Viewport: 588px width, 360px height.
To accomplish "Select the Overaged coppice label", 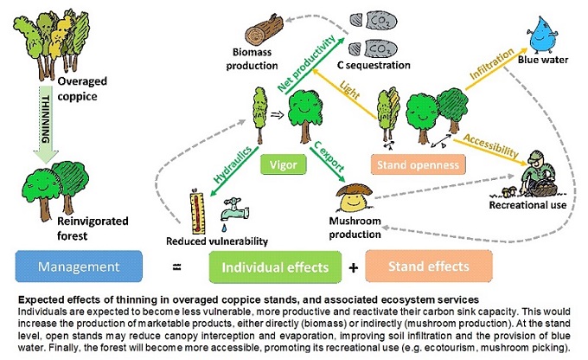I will pyautogui.click(x=84, y=87).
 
